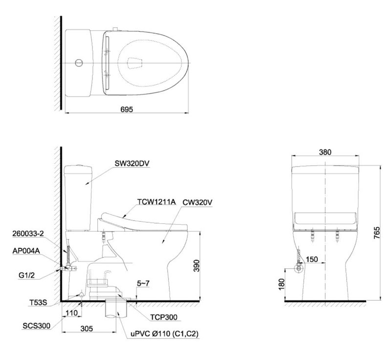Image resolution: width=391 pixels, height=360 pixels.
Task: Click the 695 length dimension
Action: pos(127,109)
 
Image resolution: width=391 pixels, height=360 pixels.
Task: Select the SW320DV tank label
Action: pos(132,163)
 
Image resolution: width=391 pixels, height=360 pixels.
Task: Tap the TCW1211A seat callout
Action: pos(156,202)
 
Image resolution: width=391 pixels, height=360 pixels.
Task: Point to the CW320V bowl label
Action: pos(197,202)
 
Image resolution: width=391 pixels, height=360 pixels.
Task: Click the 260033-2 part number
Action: pos(28,233)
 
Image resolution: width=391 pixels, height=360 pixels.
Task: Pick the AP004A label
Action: pos(26,251)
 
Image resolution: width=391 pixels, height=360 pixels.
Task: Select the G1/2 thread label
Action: pos(26,275)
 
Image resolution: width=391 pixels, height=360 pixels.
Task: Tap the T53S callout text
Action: pos(38,302)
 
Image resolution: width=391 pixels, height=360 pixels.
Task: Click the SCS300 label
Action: pos(36,326)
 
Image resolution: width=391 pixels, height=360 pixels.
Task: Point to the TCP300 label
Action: pos(164,317)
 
